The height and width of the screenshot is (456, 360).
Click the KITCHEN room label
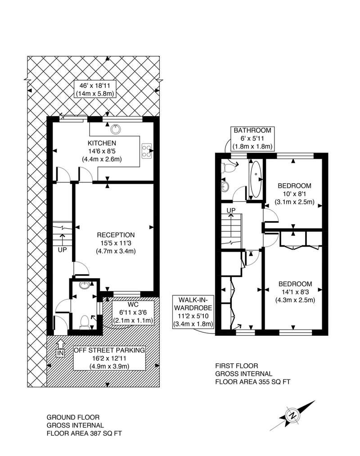pos(102,143)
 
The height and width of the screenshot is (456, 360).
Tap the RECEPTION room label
pos(116,235)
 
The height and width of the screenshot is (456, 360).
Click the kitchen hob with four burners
pos(146,151)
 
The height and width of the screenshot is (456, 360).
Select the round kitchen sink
pos(116,129)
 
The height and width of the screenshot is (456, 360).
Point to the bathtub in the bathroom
pos(256,179)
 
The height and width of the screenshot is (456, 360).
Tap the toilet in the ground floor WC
pos(84,322)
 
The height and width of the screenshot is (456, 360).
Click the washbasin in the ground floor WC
pos(85,285)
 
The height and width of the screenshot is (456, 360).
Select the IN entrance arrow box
pos(60,353)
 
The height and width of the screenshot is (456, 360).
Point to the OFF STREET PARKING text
pos(109,350)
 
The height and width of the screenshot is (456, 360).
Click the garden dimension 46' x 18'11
pos(94,86)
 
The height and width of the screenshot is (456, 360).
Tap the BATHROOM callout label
pos(252,130)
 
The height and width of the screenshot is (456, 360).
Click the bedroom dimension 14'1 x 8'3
pos(295,292)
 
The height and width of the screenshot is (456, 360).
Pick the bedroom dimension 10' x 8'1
pos(295,194)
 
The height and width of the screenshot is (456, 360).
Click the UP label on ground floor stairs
pos(62,249)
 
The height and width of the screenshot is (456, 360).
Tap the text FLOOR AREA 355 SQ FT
pos(253,382)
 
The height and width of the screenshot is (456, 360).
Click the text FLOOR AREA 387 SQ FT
pos(84,433)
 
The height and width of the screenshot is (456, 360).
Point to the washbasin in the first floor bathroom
pos(225,186)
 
